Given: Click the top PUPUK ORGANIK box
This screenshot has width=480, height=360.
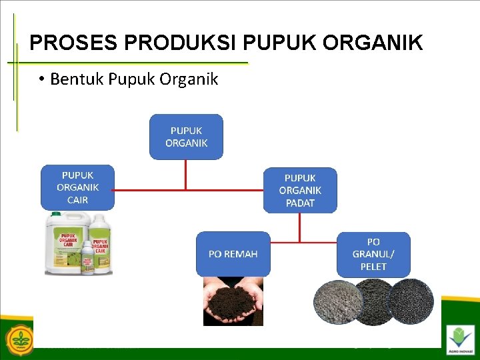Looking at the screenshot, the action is pyautogui.click(x=186, y=137).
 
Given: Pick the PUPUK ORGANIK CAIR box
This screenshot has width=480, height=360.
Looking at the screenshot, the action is pyautogui.click(x=77, y=187).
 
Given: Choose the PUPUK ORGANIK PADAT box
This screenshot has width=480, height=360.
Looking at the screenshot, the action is pyautogui.click(x=300, y=190).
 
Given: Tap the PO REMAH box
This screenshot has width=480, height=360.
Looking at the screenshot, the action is pyautogui.click(x=233, y=253).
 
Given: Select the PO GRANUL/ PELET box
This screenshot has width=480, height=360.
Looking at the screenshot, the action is pyautogui.click(x=373, y=254).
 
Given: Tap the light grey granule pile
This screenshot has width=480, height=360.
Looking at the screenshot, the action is pyautogui.click(x=337, y=301).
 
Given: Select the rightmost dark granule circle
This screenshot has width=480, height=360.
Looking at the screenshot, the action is pyautogui.click(x=411, y=301).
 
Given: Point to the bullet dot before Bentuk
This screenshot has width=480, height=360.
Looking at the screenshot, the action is pyautogui.click(x=41, y=80).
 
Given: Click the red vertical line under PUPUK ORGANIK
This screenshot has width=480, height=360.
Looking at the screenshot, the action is pyautogui.click(x=186, y=174).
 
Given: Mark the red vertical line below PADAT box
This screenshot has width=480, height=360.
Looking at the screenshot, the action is pyautogui.click(x=300, y=227).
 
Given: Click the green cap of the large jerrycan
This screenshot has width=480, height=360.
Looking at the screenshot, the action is pyautogui.click(x=56, y=214).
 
